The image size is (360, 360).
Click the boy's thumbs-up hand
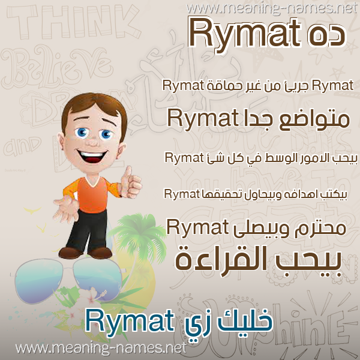click(x=130, y=182)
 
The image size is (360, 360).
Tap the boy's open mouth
click(x=92, y=155)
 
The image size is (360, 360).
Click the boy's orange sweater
click(x=92, y=194)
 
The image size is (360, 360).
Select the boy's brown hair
click(x=94, y=110)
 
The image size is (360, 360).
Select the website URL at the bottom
click(x=101, y=348)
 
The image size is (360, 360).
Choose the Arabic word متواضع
click(x=314, y=120)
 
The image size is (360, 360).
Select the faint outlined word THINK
click(x=73, y=22)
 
